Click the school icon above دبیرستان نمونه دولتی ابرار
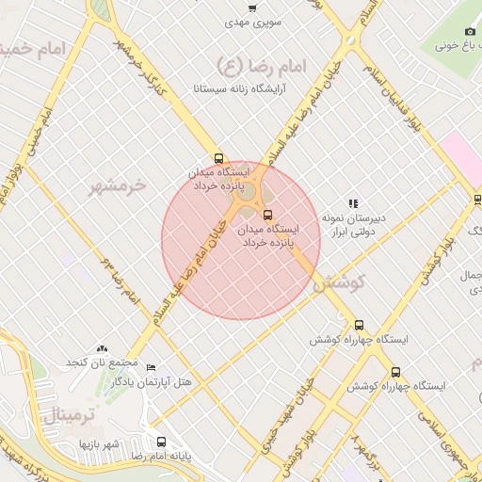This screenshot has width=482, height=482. pyautogui.click(x=353, y=202)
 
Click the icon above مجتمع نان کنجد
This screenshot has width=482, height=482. pyautogui.click(x=102, y=348)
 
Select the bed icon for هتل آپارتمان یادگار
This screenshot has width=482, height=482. pyautogui.click(x=152, y=367)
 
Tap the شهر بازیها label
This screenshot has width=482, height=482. pyautogui.click(x=99, y=442)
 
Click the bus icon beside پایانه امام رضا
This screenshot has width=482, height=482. pyautogui.click(x=162, y=442)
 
